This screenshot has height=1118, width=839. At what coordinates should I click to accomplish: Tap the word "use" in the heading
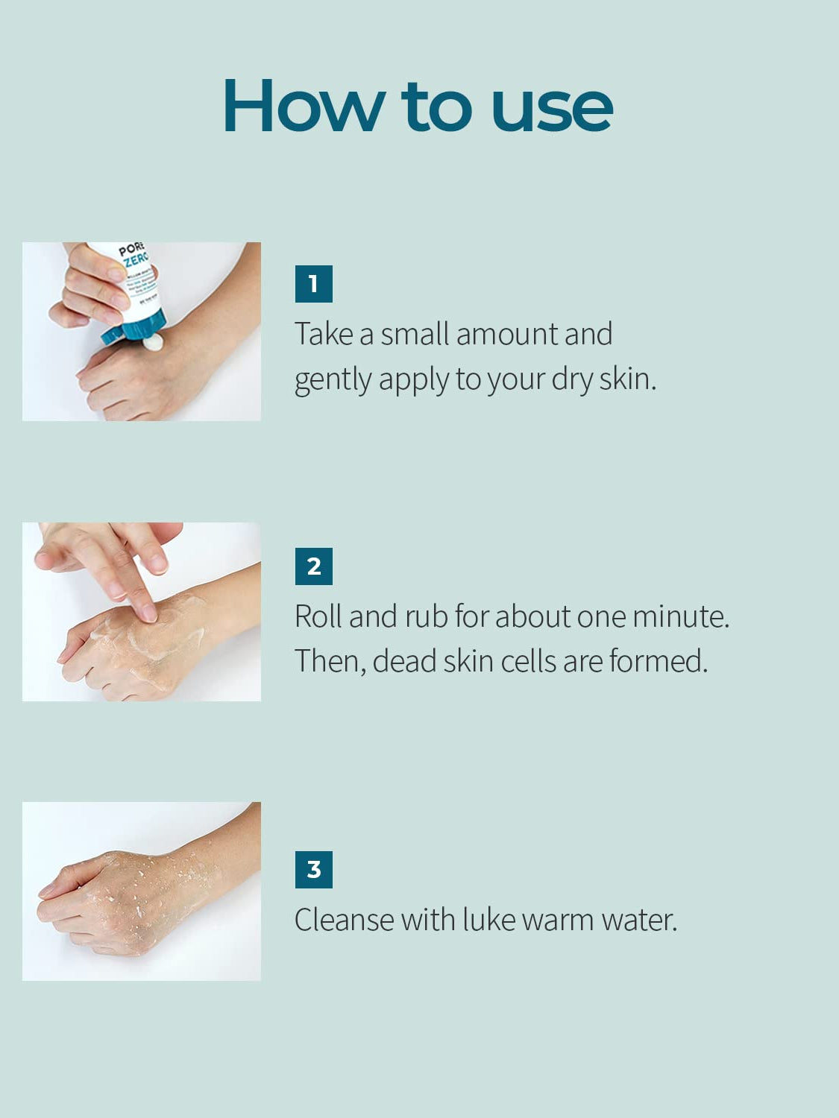coord(552,110)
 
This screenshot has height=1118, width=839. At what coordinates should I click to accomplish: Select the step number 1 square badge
coord(314,284)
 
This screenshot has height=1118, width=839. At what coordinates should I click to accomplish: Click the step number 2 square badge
coord(314,566)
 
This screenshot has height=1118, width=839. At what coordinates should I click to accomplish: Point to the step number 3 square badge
coord(314,870)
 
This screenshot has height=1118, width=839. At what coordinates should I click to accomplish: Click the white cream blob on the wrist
coord(154,342)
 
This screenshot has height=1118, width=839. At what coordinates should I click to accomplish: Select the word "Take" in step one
coord(324,334)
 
